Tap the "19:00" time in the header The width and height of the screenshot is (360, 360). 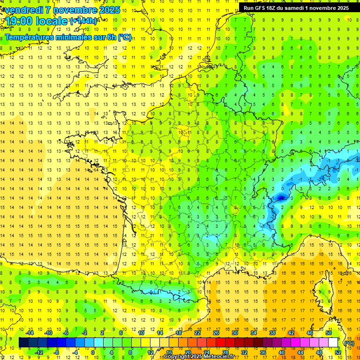click(18, 21)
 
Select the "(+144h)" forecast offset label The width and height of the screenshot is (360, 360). click(83, 21)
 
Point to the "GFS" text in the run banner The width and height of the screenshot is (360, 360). click(263, 8)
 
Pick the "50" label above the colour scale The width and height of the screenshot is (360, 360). click(329, 333)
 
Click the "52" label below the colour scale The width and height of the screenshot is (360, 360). click(338, 352)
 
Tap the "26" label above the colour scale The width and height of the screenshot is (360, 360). click(216, 333)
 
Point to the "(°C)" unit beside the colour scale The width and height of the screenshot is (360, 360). click(349, 343)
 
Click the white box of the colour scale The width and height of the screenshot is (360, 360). click(333, 343)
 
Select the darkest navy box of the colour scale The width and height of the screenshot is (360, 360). click(23, 343)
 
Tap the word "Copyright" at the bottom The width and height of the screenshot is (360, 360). click(177, 357)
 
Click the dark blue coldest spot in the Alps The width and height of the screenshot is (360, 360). click(281, 198)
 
